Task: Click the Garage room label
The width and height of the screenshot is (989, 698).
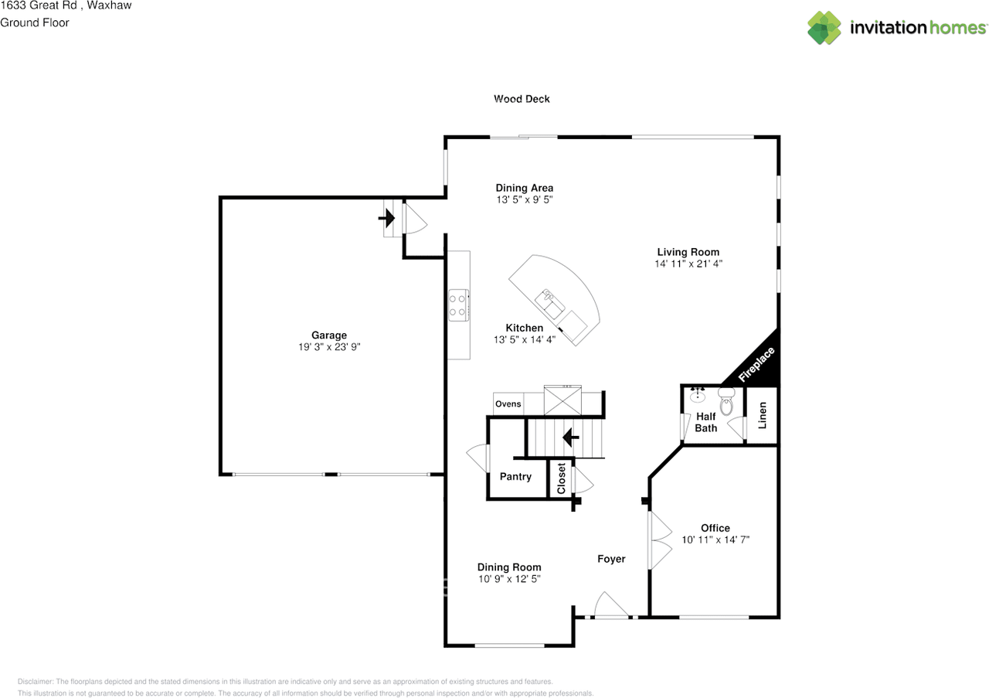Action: pos(329,335)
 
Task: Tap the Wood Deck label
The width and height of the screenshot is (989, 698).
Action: pos(522,99)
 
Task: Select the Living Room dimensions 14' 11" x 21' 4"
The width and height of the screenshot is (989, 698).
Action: pos(688,264)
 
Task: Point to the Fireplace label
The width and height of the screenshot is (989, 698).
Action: pos(756,364)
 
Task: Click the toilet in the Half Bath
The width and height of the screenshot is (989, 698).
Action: pos(726,400)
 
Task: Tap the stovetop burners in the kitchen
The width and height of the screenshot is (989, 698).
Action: pos(458,305)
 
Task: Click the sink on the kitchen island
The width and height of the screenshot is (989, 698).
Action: pos(549,305)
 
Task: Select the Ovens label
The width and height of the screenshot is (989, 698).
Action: pos(508,403)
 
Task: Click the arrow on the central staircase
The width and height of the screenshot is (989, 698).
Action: pos(570,438)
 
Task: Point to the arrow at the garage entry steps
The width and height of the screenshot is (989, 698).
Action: pos(386,218)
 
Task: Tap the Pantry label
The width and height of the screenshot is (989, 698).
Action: pos(515,477)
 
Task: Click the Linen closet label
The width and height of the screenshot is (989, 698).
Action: pos(762,415)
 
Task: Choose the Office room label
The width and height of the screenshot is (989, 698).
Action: pos(715,528)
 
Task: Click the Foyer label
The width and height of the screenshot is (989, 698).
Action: pos(611,560)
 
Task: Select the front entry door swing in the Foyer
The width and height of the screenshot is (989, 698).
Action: pos(611,604)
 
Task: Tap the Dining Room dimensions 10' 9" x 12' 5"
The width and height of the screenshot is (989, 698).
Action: pos(509,579)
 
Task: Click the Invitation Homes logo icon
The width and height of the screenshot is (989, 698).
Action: pos(824,28)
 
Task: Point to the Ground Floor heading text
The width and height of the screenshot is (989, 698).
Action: pos(35,23)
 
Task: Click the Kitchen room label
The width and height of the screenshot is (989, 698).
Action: pos(524,328)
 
